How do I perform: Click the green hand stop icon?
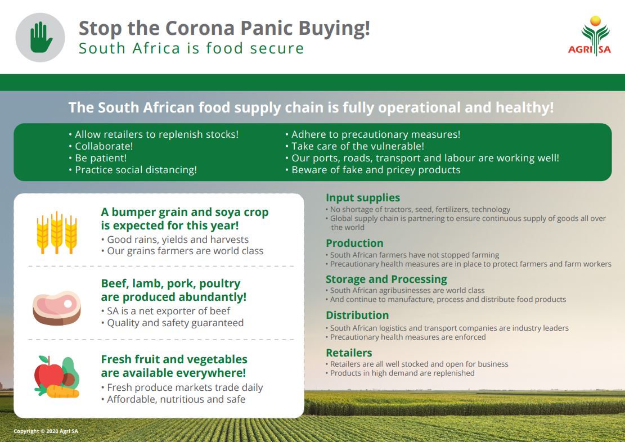click(x=41, y=37)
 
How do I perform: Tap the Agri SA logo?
click(x=590, y=36)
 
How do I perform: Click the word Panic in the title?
click(x=266, y=28)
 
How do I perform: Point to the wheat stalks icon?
click(x=57, y=233)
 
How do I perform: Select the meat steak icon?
click(x=57, y=308)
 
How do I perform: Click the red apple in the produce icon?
click(x=48, y=372)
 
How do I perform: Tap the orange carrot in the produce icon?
click(x=62, y=391)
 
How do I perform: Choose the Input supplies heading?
click(x=363, y=198)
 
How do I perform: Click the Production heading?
click(x=354, y=243)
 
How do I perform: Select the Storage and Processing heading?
click(x=386, y=279)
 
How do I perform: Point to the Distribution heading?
click(x=357, y=315)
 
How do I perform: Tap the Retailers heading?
click(x=349, y=353)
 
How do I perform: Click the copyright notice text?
click(x=46, y=431)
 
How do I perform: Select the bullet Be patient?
click(x=98, y=158)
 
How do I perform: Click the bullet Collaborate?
click(x=101, y=146)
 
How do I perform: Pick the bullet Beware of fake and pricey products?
click(x=373, y=170)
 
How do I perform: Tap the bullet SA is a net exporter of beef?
click(x=166, y=311)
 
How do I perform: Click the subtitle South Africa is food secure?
click(x=191, y=48)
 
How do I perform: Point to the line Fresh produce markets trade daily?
click(x=182, y=387)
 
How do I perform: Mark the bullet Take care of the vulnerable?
click(x=355, y=146)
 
